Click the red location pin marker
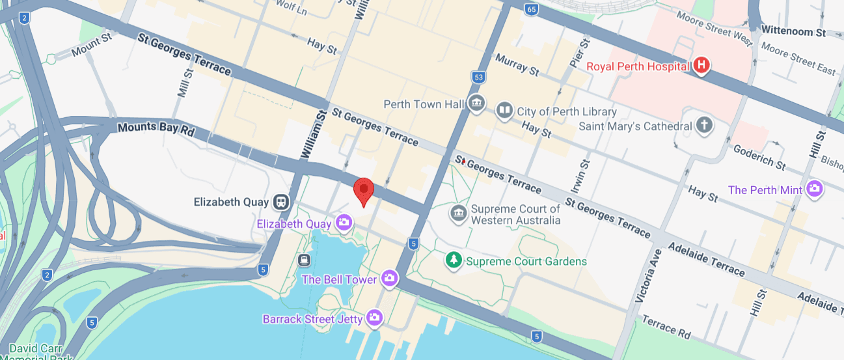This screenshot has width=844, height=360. point(364,191)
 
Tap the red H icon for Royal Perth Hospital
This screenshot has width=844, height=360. point(701,66)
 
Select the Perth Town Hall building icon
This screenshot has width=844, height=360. point(476,104)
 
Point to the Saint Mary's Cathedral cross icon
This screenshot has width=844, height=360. point(703,126)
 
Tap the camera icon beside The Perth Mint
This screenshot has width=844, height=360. point(814,190)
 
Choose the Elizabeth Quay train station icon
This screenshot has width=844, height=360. point(282,202)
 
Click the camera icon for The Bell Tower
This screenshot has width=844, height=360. point(389,279)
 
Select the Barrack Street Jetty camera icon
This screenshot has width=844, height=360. point(374,318)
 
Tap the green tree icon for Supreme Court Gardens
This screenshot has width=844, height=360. point(453,261)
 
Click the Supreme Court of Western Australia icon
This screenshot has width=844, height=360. point(459,214)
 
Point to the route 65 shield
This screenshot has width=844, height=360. point(532,9)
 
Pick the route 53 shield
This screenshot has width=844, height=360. point(479,78)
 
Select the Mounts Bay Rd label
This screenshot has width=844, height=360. point(156,128)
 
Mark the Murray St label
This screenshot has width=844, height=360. point(517,65)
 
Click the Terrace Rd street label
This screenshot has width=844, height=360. point(666,327)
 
